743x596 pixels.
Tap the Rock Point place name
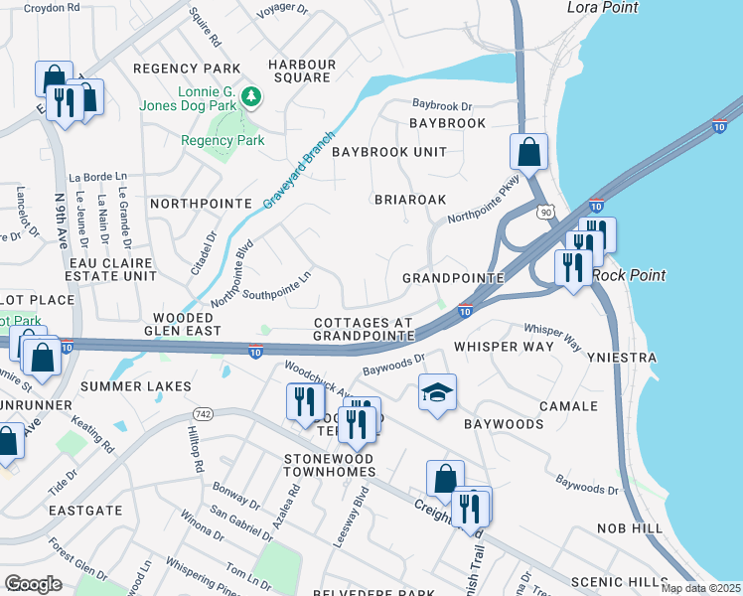[x=629, y=275]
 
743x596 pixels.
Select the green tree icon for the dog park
[x=252, y=96]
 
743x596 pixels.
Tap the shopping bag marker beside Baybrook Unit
[x=528, y=152]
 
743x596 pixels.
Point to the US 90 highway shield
[x=545, y=213]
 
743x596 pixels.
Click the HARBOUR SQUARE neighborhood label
[x=303, y=72]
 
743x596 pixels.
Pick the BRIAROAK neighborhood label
[x=410, y=200]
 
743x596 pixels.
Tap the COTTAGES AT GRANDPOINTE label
[x=363, y=330]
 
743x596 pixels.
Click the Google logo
[x=33, y=583]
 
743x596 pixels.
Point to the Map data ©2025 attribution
[x=700, y=588]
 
